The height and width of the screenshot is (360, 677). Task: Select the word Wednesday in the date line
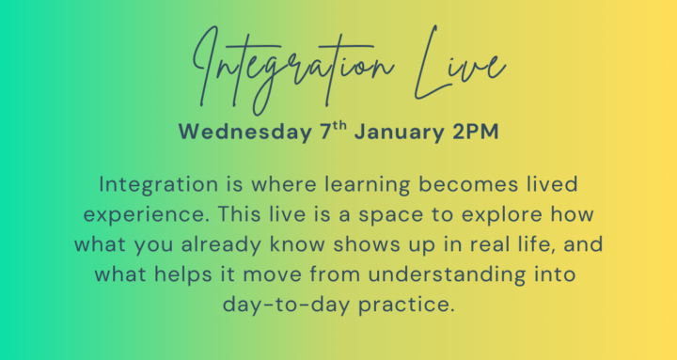click(x=244, y=132)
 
